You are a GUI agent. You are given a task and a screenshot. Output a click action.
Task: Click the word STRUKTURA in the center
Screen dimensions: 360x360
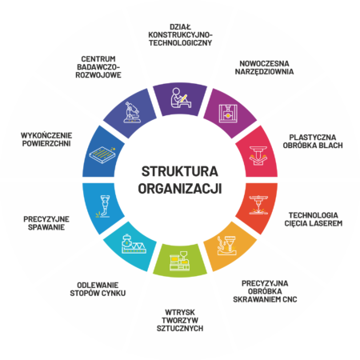[180, 171]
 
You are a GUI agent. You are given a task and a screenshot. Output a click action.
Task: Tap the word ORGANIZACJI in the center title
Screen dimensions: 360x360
[180, 189]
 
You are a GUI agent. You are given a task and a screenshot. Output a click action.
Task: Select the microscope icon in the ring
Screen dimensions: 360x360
[132, 112]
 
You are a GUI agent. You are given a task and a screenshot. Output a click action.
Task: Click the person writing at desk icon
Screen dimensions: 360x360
[181, 98]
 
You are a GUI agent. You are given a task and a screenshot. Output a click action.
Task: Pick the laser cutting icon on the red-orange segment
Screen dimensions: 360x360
[258, 205]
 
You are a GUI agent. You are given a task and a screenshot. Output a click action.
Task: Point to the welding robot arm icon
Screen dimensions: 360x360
[103, 206]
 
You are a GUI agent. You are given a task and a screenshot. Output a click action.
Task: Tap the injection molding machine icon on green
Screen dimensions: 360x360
[180, 261]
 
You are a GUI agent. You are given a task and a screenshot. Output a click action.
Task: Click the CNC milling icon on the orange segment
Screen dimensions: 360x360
[227, 246]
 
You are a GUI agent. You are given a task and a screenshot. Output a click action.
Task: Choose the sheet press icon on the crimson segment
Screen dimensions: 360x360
[258, 156]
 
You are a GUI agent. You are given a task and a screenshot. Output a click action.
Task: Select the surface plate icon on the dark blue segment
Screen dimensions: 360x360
[102, 154]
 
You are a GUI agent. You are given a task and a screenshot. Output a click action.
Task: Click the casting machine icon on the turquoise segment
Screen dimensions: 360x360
[134, 244]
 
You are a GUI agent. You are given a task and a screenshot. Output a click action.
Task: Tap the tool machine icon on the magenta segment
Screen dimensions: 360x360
[228, 114]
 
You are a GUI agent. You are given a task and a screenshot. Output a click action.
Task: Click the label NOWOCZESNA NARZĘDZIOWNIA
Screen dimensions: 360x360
[264, 67]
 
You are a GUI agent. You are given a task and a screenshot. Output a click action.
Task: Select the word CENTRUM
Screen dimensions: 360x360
[98, 59]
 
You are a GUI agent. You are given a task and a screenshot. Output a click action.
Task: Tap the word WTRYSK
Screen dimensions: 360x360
[180, 312]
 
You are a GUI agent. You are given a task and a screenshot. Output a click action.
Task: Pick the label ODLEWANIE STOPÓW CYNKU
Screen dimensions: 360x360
[98, 289]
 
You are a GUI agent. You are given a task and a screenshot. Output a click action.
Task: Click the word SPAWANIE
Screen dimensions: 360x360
[46, 227]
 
